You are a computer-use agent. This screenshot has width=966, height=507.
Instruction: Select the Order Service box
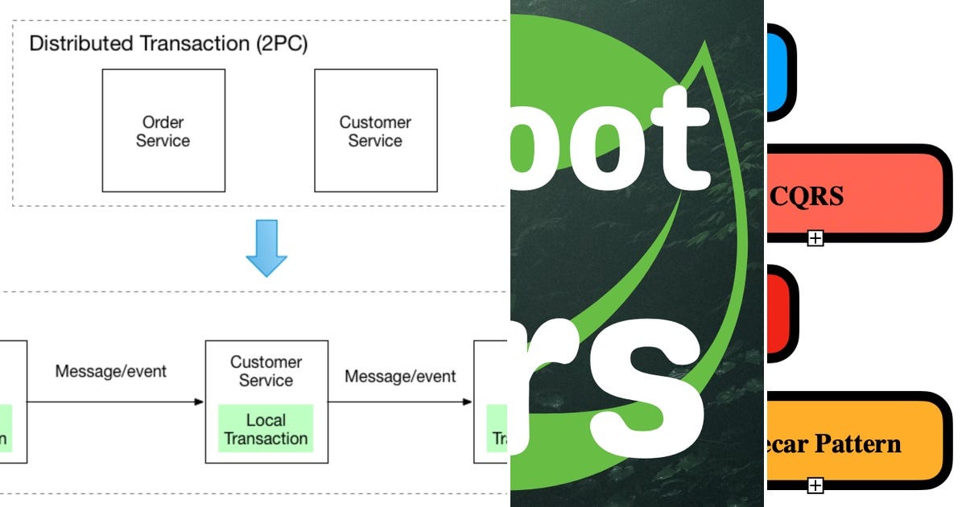tap(163, 130)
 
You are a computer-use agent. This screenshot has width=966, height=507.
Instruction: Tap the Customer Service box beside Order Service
tap(375, 130)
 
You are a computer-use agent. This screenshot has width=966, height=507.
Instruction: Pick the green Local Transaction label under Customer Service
tap(266, 429)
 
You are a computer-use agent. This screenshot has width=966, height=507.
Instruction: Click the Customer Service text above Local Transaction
tap(266, 371)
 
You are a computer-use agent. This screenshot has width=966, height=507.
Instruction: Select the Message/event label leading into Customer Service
tap(111, 371)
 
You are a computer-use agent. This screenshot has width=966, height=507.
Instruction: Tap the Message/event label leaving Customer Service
tap(400, 376)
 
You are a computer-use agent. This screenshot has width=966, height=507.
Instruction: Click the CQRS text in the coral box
tap(807, 195)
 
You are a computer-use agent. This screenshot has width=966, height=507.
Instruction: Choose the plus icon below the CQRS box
tap(815, 237)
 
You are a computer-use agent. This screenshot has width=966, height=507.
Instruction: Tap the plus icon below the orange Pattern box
tap(815, 484)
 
